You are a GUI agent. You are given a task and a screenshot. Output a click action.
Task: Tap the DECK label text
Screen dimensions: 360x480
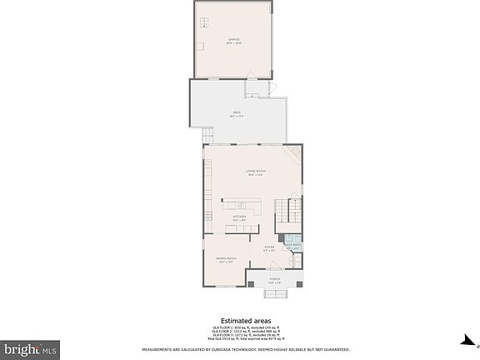tap(237, 113)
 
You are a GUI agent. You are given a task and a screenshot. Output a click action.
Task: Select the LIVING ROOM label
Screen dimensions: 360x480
tap(254, 172)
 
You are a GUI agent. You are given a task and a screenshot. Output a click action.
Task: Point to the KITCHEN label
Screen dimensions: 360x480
tap(239, 218)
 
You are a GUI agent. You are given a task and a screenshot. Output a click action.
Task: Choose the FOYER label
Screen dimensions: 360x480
tap(269, 247)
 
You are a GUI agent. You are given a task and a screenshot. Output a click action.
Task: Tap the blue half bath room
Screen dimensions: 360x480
tap(292, 247)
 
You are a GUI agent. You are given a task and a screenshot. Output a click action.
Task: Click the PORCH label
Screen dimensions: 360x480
tap(274, 281)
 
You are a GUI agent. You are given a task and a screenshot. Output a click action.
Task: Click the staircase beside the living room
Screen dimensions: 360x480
tap(287, 216)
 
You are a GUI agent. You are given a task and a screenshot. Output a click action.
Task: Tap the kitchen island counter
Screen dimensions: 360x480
tap(242, 203)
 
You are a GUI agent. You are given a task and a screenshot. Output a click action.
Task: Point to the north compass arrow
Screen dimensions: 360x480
tap(467, 340)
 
